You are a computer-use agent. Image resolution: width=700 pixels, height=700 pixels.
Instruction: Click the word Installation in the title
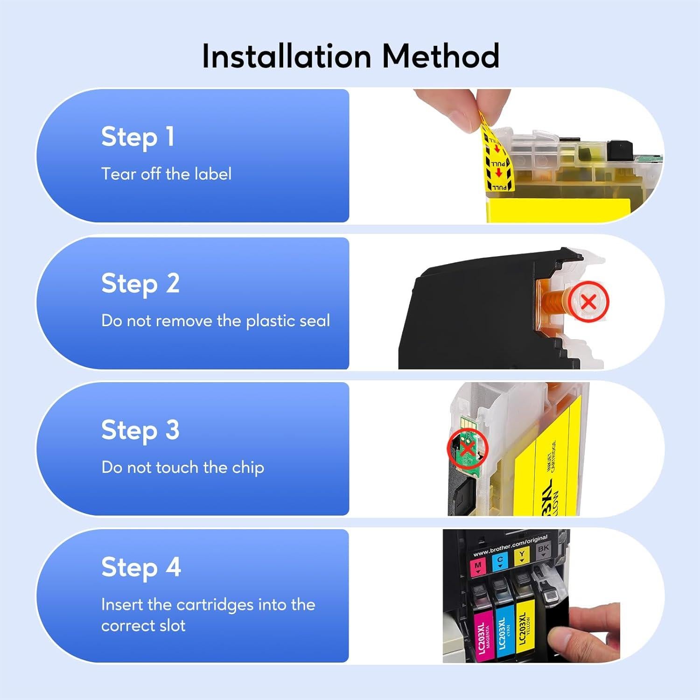(286, 56)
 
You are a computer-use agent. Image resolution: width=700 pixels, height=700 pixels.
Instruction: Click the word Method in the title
(441, 56)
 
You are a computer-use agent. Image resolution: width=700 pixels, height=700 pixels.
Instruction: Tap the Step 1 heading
(138, 137)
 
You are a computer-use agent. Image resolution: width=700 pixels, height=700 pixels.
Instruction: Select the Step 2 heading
(140, 284)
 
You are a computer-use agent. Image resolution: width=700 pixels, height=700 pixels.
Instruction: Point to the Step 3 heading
(140, 430)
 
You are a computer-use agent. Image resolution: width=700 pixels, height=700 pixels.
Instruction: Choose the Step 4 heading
(141, 568)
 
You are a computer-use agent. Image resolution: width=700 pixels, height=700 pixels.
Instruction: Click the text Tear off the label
(166, 174)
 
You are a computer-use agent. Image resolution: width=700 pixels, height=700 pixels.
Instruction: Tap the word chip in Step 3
(248, 468)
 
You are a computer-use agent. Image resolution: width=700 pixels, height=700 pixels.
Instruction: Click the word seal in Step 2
(314, 321)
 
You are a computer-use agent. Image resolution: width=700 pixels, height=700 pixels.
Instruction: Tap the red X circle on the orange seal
(589, 302)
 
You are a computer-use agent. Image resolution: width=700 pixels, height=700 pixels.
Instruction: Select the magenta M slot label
(478, 567)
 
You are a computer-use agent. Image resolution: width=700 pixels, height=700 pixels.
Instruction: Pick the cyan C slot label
(500, 561)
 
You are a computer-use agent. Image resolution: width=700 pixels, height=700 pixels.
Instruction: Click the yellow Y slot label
(521, 556)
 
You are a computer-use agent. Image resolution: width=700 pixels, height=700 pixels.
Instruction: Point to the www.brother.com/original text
(510, 546)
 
